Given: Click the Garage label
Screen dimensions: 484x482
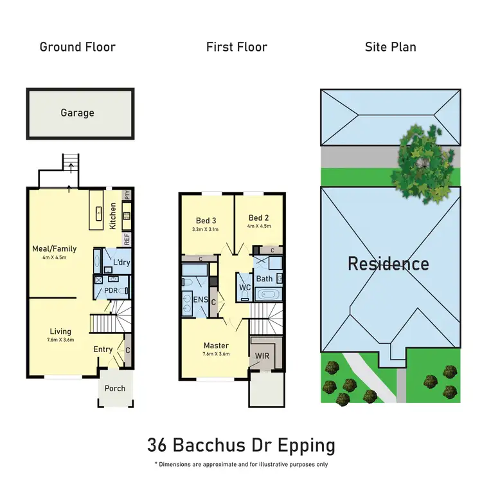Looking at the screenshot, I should tap(78, 113).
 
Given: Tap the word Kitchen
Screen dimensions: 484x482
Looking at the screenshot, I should tap(113, 216).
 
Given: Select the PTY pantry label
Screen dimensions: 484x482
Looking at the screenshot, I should tap(127, 194).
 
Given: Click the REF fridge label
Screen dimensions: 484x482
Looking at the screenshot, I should tap(127, 239).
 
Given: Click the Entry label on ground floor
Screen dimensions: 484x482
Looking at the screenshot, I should tap(103, 349).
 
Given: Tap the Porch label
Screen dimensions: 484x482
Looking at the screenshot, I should tap(115, 388).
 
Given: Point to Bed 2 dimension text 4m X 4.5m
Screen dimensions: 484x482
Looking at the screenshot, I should tap(259, 226).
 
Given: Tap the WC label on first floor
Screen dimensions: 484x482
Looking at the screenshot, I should tap(244, 287).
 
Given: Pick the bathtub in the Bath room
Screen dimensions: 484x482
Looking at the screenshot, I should tap(268, 295).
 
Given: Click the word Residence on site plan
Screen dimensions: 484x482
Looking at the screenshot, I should tap(388, 263).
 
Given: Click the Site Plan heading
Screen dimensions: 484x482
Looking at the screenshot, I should tap(390, 47).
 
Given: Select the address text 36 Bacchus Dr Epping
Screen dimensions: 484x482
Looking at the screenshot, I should tap(241, 445).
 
